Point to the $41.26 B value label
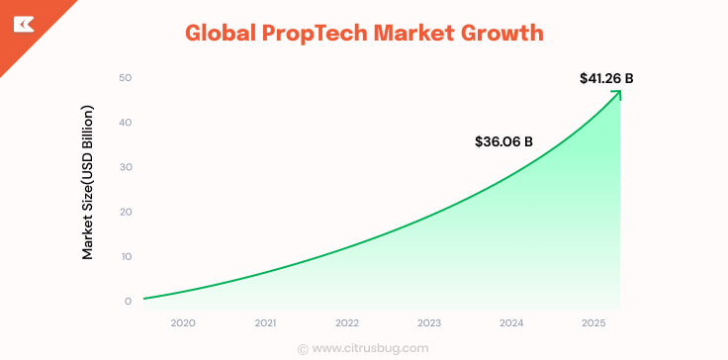coord(606,77)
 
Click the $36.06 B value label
coord(503,141)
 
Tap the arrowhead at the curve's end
coord(617,94)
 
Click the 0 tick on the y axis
coord(128,301)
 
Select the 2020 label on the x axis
coord(183,323)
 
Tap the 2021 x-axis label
coord(265,323)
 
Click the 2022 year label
coord(347,323)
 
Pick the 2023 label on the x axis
coord(429,323)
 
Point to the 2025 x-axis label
coord(592,323)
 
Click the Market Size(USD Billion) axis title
coord(88,182)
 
